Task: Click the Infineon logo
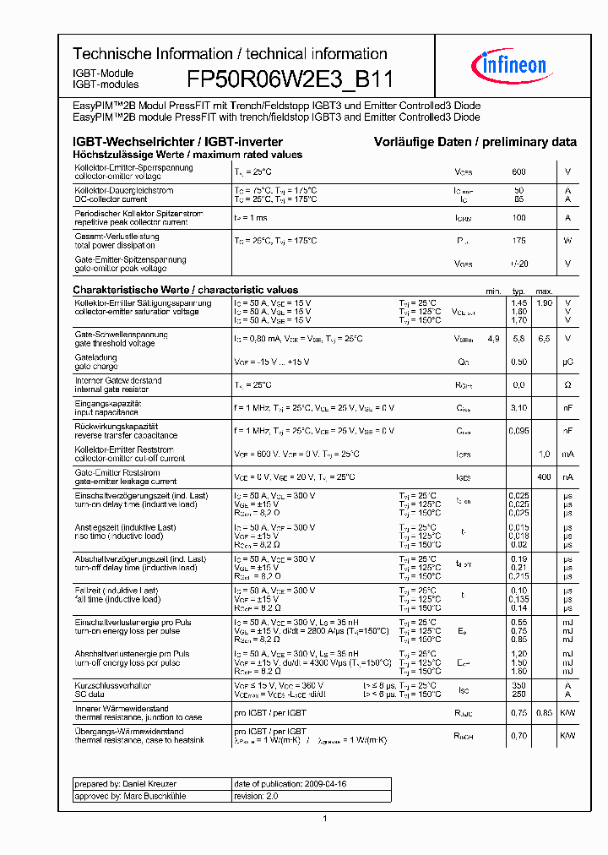[x=513, y=64]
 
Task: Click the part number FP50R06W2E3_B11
[x=290, y=79]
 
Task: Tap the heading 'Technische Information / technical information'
[x=230, y=54]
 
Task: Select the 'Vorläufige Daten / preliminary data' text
[x=475, y=142]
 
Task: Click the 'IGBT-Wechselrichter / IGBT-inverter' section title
[x=177, y=142]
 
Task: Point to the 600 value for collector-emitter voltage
[x=518, y=172]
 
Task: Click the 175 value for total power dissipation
[x=518, y=241]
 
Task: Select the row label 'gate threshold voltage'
[x=114, y=343]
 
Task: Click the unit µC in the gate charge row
[x=567, y=362]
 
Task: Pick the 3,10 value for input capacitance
[x=518, y=408]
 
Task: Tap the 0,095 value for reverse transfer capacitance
[x=518, y=431]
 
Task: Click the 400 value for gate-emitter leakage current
[x=545, y=477]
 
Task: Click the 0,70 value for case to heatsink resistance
[x=518, y=736]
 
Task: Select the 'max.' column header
[x=544, y=291]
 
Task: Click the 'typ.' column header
[x=518, y=291]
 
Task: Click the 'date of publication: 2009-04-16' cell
[x=290, y=784]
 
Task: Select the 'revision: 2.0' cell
[x=256, y=796]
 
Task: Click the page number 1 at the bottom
[x=325, y=818]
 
